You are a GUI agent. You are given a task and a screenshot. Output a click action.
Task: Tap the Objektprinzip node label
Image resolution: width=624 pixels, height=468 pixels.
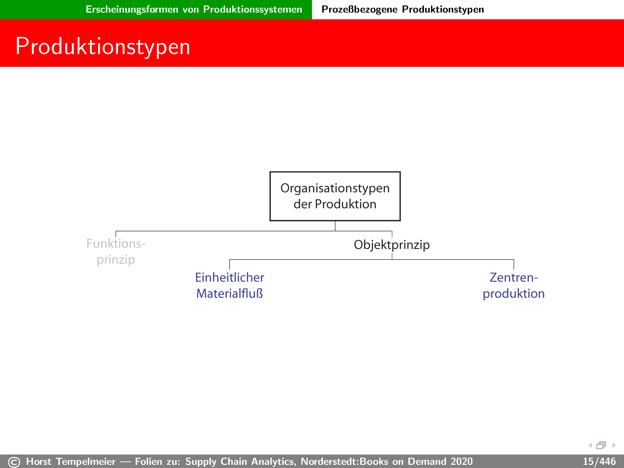392,245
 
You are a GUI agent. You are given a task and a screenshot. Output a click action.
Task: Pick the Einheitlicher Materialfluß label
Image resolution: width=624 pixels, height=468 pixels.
230,285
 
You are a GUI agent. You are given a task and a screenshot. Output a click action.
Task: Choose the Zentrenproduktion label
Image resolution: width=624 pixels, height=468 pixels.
514,285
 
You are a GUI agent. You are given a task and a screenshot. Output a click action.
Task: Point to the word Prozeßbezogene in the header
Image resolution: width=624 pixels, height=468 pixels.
359,9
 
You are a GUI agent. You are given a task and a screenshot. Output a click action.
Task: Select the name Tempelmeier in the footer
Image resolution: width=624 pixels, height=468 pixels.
86,461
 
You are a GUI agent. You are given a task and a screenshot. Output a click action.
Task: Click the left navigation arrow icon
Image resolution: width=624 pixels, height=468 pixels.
590,445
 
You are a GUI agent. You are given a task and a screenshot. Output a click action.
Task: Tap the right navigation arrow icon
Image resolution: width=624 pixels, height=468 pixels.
614,445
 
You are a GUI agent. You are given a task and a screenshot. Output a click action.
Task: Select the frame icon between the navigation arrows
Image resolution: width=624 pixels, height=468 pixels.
601,445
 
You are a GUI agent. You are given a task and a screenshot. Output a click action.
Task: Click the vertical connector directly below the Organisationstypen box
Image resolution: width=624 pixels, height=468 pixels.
335,226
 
